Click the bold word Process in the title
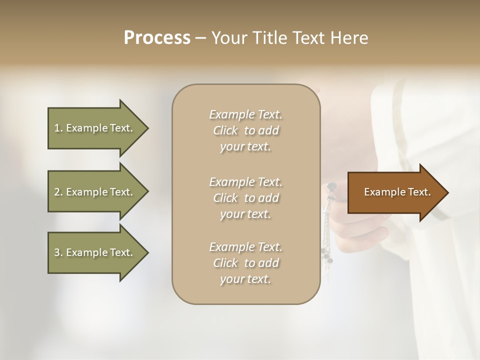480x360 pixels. (157, 38)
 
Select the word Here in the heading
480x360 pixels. (350, 38)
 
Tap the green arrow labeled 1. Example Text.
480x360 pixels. (95, 128)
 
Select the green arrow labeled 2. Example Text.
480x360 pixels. (95, 192)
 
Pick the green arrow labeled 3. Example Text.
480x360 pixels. (95, 252)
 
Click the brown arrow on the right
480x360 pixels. (395, 192)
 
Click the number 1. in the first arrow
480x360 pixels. (58, 128)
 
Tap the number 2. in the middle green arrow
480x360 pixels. (58, 192)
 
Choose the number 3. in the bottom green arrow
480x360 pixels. (58, 252)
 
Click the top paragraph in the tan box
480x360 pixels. (245, 130)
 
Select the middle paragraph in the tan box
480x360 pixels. (245, 198)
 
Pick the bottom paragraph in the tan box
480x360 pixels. (245, 263)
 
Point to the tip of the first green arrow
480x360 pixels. (147, 128)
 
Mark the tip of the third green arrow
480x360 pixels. (147, 252)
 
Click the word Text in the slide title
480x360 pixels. (310, 38)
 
